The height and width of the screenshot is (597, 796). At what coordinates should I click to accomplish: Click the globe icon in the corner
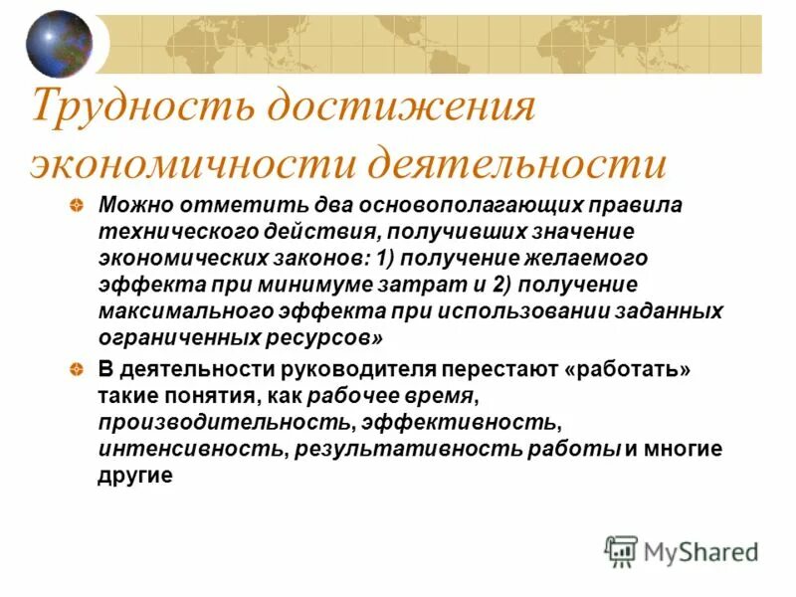(59, 44)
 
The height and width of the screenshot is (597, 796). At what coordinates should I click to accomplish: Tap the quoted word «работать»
(628, 370)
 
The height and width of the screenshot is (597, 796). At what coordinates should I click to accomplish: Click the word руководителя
(319, 370)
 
